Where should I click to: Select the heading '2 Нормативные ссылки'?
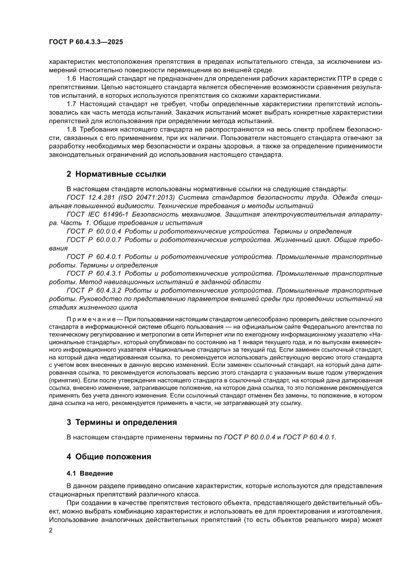point(117,174)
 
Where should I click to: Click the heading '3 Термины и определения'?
point(122,422)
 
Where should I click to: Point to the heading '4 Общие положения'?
point(109,456)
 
